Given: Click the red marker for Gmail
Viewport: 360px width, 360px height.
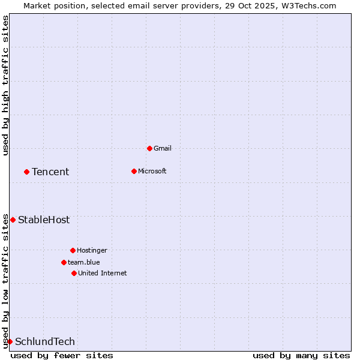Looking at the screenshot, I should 149,148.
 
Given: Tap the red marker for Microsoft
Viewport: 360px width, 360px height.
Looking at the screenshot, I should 134,171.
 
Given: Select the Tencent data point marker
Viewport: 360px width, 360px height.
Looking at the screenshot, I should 26,172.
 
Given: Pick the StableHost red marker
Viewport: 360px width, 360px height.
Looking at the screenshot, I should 13,220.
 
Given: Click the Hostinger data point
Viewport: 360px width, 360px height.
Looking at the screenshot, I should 73,250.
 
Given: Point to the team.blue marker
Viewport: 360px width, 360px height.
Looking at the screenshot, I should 64,262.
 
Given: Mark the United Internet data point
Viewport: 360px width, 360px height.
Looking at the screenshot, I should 74,273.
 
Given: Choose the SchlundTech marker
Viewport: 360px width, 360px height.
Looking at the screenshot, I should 10,341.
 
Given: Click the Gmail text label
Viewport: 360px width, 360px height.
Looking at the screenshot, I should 163,148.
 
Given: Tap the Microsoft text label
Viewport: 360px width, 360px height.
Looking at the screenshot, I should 152,171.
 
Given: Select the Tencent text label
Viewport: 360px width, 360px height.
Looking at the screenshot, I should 50,172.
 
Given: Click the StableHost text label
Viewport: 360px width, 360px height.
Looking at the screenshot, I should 44,220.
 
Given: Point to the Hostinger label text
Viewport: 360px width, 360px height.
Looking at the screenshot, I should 92,250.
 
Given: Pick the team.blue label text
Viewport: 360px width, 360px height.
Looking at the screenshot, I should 84,262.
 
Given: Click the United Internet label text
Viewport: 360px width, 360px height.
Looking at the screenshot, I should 103,273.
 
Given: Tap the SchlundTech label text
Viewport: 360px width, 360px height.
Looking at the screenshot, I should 45,341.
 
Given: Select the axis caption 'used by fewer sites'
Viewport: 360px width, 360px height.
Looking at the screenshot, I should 62,355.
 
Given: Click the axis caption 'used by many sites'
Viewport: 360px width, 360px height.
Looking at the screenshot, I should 301,355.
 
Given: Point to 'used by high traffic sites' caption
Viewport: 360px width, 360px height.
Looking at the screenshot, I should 5,85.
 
